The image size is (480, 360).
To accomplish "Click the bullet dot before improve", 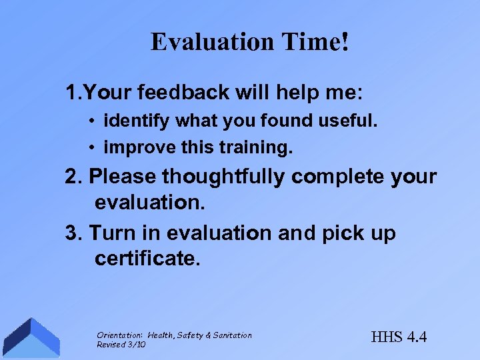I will click(x=96, y=147).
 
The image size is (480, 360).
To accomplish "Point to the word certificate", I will click(x=147, y=258).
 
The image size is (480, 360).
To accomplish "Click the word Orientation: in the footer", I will click(x=120, y=335).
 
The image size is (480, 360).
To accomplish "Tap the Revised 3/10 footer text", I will click(x=121, y=345).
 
